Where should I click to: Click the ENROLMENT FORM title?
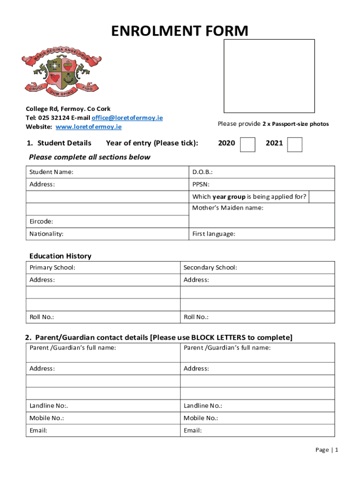[180, 31]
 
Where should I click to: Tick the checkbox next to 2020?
[247, 145]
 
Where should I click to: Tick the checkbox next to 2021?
[295, 145]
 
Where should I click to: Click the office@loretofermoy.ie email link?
[127, 118]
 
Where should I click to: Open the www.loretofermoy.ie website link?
[88, 127]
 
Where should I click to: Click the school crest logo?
[61, 71]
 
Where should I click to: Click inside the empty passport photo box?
[269, 76]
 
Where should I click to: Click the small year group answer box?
[322, 197]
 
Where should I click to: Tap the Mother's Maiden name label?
[228, 208]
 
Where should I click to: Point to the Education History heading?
[60, 256]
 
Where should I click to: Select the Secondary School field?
[257, 268]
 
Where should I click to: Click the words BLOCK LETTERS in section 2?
[218, 338]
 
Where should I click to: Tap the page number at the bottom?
[327, 450]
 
